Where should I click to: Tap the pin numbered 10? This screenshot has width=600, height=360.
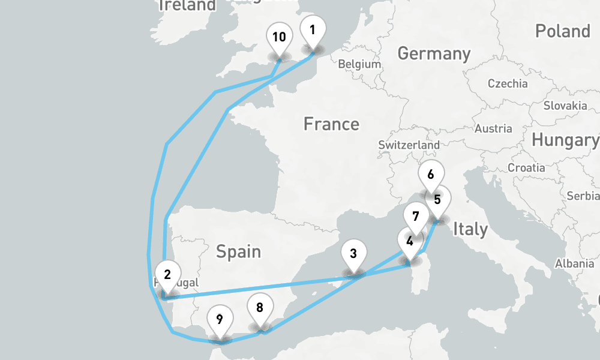pos(279,38)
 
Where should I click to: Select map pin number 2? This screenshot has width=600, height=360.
pos(167,275)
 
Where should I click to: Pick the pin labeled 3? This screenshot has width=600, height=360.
pos(353,254)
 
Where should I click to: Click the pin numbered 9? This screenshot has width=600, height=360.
pos(220,319)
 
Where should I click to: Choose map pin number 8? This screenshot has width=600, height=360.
pos(259,308)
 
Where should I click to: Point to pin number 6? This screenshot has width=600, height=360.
pos(430,175)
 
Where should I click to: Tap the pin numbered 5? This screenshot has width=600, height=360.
pos(438,200)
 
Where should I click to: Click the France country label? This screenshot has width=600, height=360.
pos(331,124)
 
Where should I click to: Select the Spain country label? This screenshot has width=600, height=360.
pos(238,251)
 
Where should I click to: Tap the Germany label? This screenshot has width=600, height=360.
pos(434,53)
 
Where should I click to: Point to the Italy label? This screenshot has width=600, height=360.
pos(470,229)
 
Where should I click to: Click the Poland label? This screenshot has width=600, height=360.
pos(562,31)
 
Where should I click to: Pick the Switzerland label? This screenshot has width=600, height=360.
pos(409,145)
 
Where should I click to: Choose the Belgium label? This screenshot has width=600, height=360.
pos(359,64)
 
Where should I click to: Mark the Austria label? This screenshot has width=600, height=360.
pos(493,128)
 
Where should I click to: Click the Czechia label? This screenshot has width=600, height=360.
pos(508,83)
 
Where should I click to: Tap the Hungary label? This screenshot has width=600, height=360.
pos(565,140)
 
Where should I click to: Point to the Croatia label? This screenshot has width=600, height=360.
pos(526,168)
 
